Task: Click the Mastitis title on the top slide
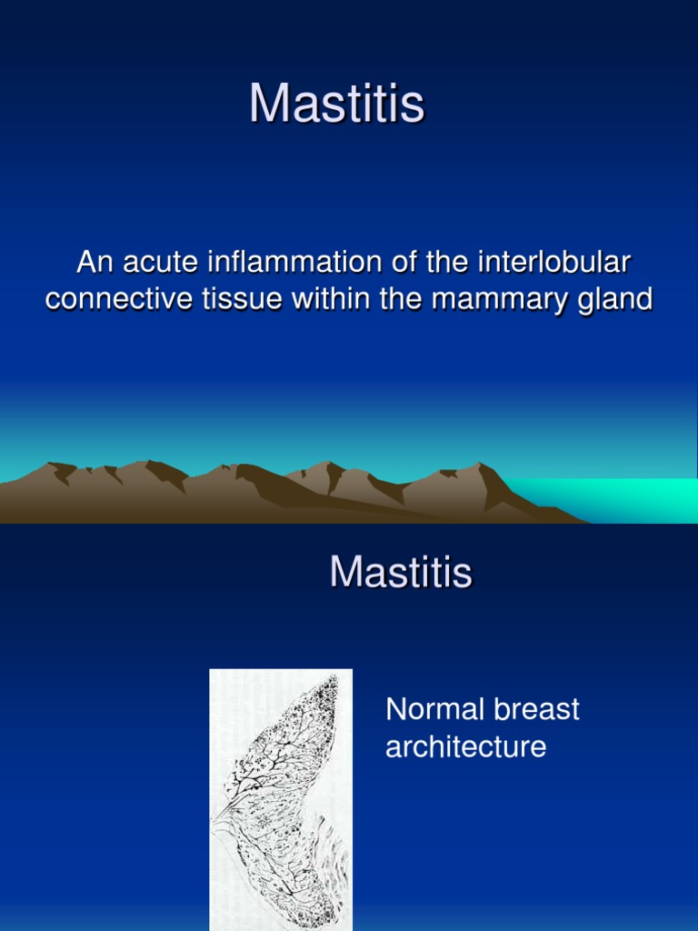(x=336, y=105)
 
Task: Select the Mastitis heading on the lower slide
(x=401, y=573)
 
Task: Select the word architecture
(x=465, y=747)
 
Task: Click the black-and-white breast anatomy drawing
(x=281, y=800)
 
